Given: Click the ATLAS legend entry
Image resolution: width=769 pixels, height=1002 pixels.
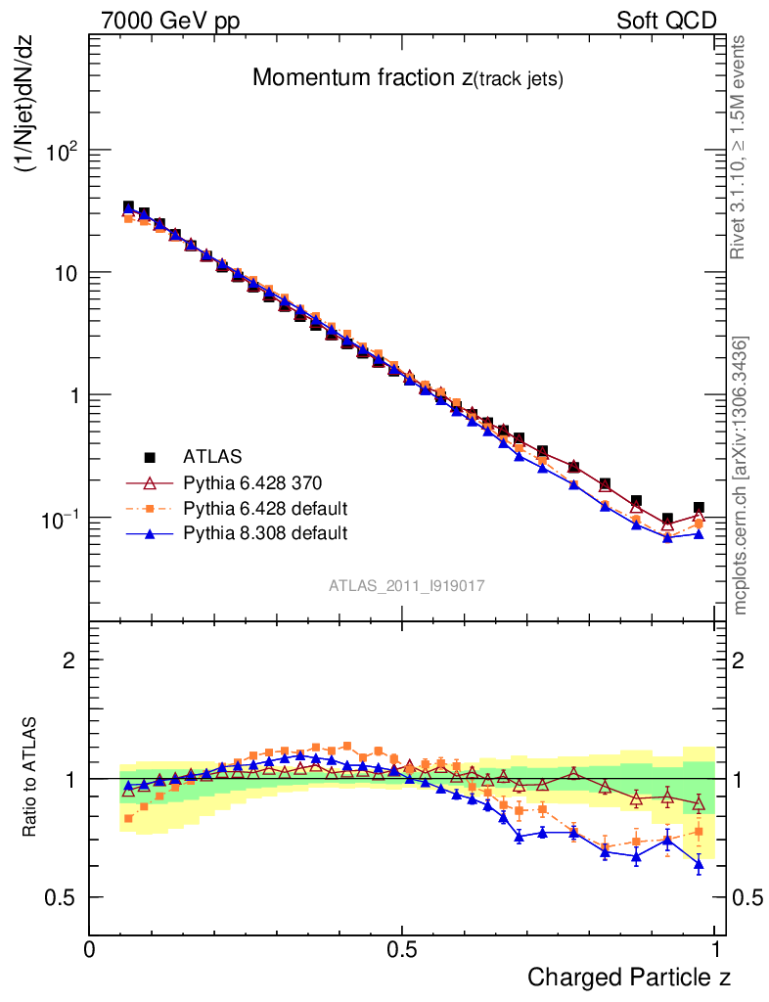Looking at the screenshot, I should [x=212, y=456].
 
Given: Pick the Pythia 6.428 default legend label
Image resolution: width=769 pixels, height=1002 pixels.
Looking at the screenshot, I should [x=265, y=508].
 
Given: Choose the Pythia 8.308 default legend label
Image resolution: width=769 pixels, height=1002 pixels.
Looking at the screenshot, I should [x=265, y=533].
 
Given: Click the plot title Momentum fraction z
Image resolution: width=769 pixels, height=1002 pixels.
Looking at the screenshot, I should [x=408, y=78].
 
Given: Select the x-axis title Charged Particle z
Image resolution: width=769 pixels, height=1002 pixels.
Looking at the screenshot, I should [x=629, y=977].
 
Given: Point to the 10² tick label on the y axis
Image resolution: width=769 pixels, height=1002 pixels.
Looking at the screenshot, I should [x=62, y=151].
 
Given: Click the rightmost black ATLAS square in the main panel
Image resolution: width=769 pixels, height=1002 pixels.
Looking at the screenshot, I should [x=699, y=509].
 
